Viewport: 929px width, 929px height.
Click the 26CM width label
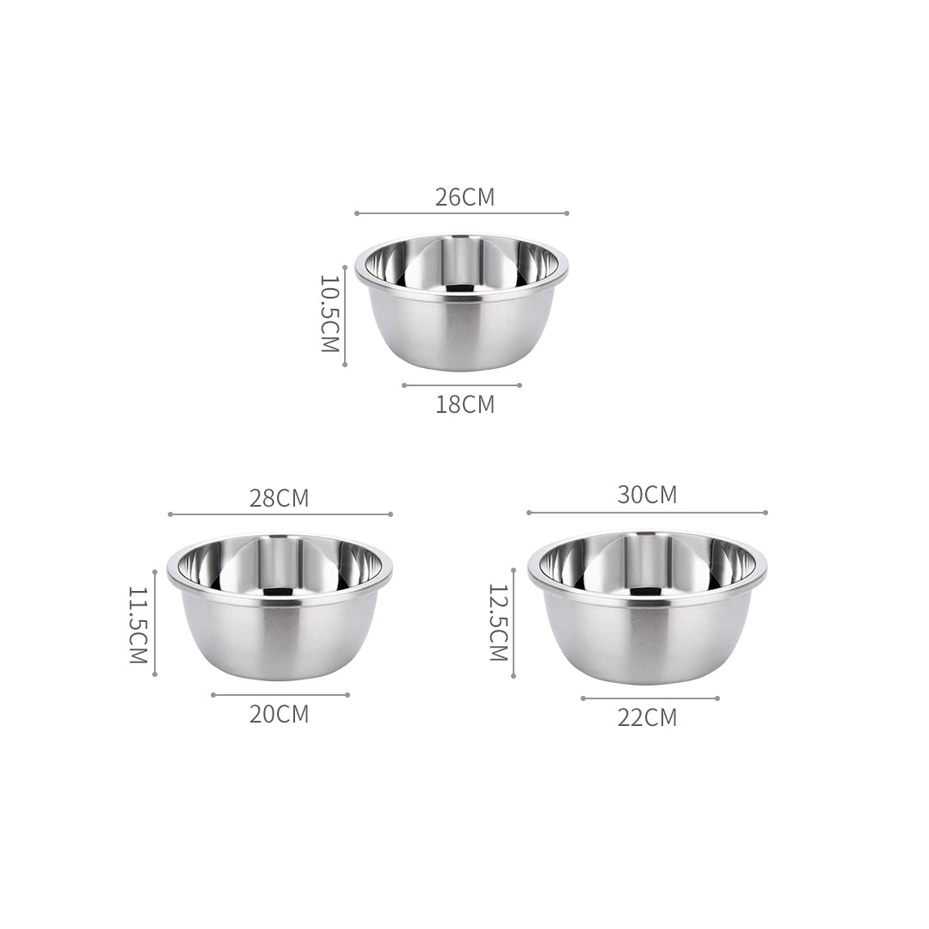(464, 197)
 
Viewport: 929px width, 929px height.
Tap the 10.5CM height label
(330, 314)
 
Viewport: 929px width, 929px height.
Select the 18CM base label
(464, 404)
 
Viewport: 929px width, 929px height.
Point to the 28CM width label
(279, 498)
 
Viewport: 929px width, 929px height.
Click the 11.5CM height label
(139, 625)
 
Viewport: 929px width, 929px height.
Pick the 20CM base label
(279, 714)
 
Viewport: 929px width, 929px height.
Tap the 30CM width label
(647, 495)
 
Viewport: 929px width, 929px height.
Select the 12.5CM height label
(499, 623)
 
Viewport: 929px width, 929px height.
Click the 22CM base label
(647, 717)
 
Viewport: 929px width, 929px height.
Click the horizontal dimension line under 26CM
(461, 213)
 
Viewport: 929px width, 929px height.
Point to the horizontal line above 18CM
(461, 385)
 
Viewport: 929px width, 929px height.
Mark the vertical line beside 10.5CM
(345, 316)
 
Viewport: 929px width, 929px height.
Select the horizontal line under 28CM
(280, 514)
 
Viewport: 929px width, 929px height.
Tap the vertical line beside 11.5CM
(155, 623)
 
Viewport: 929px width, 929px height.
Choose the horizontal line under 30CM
(647, 513)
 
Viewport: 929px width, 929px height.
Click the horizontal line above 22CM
(649, 698)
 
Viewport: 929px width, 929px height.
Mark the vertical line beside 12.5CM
(514, 623)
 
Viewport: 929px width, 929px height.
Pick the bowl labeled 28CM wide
(280, 606)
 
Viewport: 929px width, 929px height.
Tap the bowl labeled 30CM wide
(647, 606)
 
